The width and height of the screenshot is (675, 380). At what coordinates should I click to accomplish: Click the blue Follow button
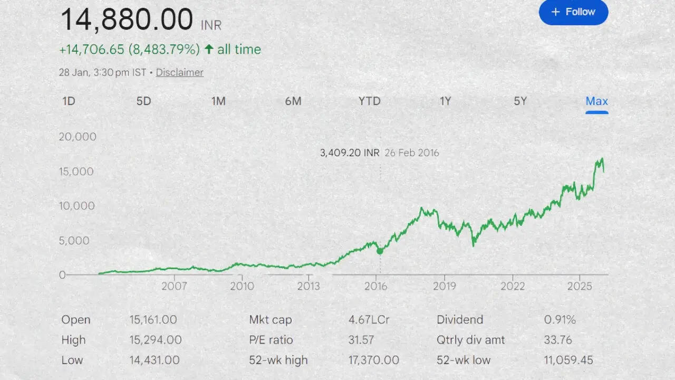pos(573,12)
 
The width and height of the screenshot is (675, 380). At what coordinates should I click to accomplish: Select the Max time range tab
pos(596,101)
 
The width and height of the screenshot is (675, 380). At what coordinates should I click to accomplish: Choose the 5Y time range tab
pos(520,101)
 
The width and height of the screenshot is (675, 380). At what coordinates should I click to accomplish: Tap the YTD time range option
pos(369,101)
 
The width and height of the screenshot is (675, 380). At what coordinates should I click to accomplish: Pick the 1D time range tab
pos(69,101)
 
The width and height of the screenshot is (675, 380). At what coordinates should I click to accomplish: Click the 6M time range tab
pos(293,101)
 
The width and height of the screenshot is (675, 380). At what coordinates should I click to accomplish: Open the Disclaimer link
pos(179,73)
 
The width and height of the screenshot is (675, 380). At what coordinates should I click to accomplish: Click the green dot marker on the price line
pos(380,251)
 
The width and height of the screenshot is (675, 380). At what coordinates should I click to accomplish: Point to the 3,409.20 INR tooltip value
pos(349,153)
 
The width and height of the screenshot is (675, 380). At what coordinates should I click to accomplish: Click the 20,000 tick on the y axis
pos(78,137)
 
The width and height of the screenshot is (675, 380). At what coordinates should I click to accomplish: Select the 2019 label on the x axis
pos(444,286)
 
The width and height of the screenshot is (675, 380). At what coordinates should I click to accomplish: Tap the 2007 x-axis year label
pos(174,286)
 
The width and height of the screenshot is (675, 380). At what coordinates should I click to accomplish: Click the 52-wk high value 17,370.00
pos(373,360)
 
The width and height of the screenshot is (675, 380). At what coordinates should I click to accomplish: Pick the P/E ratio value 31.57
pos(361,340)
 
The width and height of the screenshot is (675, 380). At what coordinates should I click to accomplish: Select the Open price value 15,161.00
pos(153,320)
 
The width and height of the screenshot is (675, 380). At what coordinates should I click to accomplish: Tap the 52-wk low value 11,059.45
pos(568,360)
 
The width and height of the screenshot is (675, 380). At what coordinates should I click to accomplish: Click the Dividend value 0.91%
pos(560,320)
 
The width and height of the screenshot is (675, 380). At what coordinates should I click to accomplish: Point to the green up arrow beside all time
pos(209,50)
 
